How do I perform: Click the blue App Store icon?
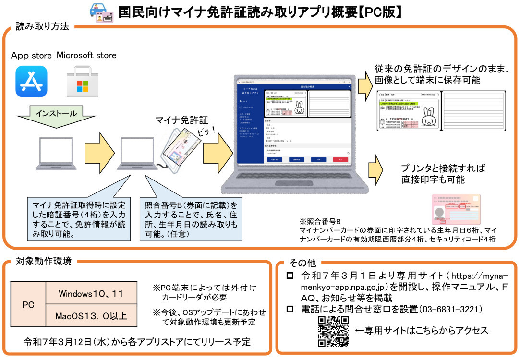click(x=31, y=82)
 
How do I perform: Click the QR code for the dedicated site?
click(x=333, y=331)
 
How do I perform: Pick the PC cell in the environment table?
click(x=28, y=305)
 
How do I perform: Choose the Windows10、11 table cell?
click(x=91, y=293)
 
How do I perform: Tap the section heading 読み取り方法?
click(x=42, y=27)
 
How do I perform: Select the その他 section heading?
click(x=302, y=263)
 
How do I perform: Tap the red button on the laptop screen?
click(x=340, y=159)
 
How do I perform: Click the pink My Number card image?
click(x=456, y=210)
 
